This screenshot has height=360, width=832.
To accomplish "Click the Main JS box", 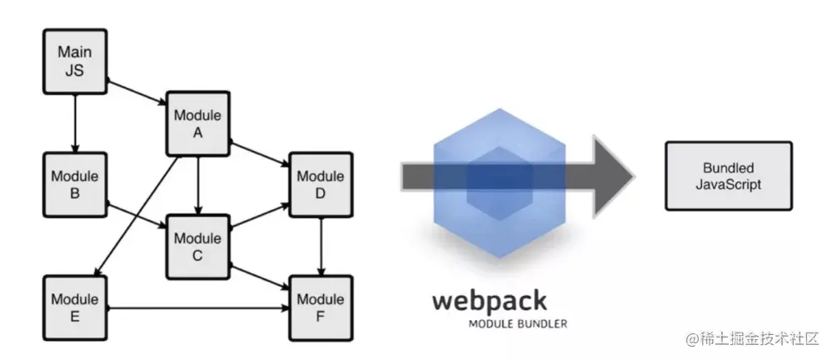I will click(75, 62).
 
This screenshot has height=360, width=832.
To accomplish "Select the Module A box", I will click(197, 123).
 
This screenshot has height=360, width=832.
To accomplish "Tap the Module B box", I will click(75, 184).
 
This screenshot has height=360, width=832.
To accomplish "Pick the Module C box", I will click(197, 246).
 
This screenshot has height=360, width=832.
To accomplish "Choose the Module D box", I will click(320, 184).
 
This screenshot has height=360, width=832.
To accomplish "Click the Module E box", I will click(75, 307).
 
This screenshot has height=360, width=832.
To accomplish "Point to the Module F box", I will click(320, 307).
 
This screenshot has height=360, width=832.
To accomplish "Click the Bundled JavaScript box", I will click(727, 175).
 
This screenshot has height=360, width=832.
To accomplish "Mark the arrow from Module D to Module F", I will click(321, 246).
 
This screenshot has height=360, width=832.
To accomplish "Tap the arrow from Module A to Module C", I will click(197, 184).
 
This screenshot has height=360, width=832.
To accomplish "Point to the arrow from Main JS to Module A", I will click(137, 92).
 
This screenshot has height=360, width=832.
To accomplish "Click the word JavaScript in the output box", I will click(727, 184).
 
